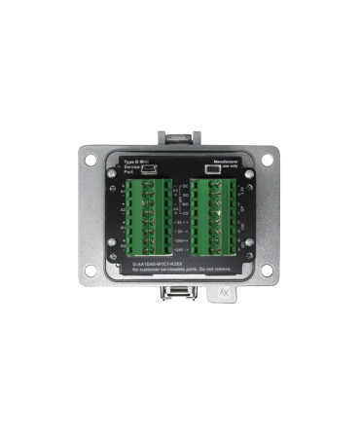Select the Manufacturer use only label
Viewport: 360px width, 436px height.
[x=226, y=163]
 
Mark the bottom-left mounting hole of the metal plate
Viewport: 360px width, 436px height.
[x=90, y=271]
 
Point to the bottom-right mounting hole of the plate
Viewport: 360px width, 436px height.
[x=270, y=271]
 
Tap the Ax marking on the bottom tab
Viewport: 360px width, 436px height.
[x=225, y=290]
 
